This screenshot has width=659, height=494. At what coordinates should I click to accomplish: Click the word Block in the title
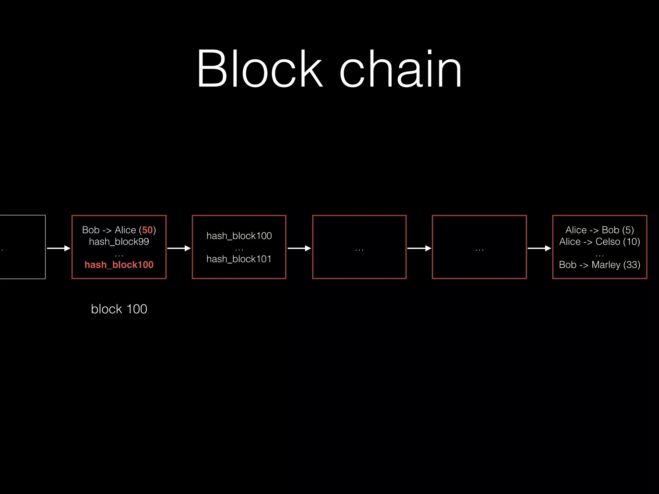[x=259, y=69]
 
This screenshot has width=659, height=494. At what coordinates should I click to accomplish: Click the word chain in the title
[x=401, y=69]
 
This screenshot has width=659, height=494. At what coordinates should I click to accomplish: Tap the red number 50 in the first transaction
[x=147, y=230]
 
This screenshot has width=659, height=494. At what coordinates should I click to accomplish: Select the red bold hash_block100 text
[x=119, y=265]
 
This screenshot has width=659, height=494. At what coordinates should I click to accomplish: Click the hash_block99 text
[x=119, y=242]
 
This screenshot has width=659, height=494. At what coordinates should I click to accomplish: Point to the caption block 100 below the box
[x=119, y=309]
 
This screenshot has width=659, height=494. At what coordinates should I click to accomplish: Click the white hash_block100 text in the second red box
[x=239, y=236]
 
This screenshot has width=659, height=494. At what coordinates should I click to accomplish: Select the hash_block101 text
[x=239, y=259]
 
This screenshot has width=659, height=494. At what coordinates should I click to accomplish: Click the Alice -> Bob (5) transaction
[x=599, y=230]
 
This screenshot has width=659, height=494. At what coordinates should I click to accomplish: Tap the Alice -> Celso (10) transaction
[x=599, y=242]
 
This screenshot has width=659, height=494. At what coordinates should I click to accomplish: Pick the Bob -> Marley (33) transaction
[x=599, y=265]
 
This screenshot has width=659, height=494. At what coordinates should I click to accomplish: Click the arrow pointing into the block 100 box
[x=59, y=248]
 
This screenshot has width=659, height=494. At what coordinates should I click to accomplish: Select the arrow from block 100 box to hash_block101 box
[x=179, y=248]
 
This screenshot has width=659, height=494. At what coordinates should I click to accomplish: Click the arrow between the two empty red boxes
[x=419, y=248]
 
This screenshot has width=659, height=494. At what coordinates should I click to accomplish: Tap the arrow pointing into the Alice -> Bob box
[x=540, y=248]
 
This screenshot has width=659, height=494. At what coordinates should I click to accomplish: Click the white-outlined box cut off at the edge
[x=23, y=247]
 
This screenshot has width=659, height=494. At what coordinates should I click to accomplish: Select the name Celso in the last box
[x=608, y=242]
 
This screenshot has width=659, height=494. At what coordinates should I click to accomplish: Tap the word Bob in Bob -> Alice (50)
[x=91, y=230]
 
